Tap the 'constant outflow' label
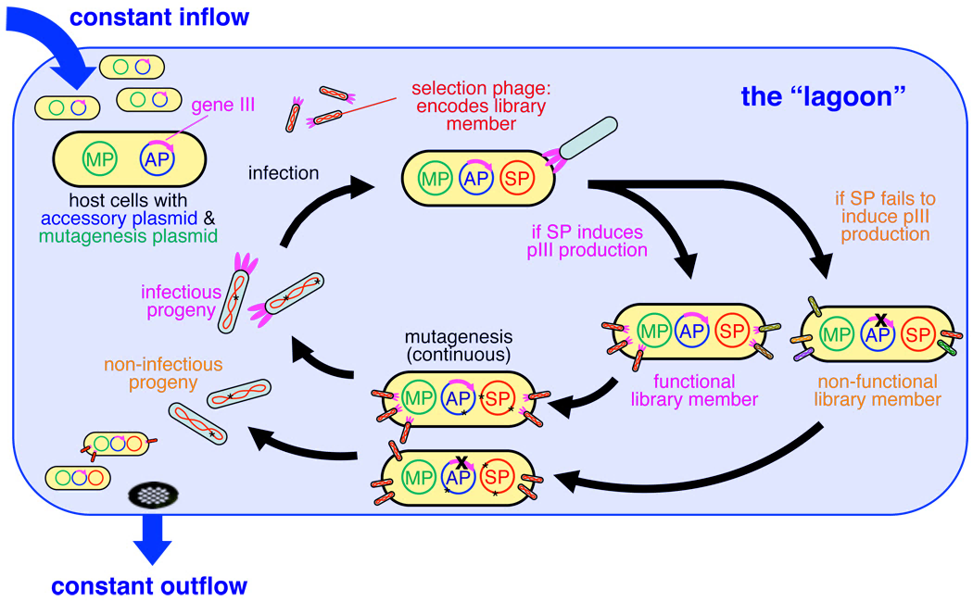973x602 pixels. (149, 585)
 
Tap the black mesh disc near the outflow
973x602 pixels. (151, 495)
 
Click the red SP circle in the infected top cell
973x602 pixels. (518, 176)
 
